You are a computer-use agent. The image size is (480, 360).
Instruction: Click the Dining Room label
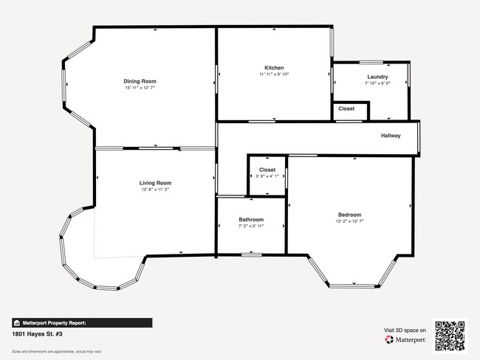click(x=140, y=81)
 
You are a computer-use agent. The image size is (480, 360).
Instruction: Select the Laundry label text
click(x=377, y=77)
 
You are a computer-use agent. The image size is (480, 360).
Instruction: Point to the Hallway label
click(x=391, y=136)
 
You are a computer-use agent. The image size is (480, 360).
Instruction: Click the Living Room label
click(x=155, y=183)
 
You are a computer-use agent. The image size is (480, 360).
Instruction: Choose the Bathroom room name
click(x=250, y=219)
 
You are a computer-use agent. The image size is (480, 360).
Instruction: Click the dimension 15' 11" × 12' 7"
click(x=140, y=88)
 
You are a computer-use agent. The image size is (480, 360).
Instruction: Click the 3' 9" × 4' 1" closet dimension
click(x=267, y=176)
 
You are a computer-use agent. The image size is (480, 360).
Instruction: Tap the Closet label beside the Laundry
click(x=346, y=108)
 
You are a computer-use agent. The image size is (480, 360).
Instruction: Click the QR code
click(x=449, y=336)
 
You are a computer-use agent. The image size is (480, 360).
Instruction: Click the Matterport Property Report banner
click(x=81, y=322)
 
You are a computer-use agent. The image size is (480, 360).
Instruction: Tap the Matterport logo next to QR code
click(x=406, y=340)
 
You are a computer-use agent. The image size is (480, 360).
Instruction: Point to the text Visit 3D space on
click(x=406, y=330)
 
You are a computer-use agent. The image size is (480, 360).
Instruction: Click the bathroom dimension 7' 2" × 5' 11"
click(x=250, y=226)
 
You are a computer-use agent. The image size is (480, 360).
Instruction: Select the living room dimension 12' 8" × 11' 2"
click(x=155, y=190)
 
